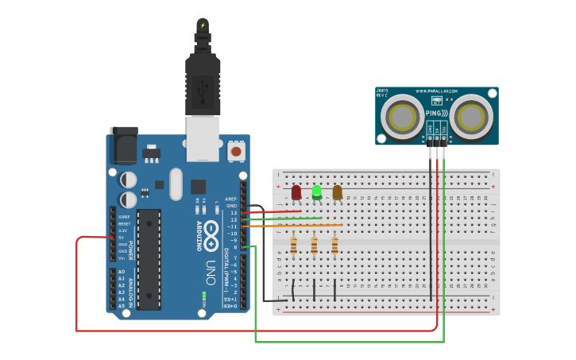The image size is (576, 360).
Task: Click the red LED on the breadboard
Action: (296, 192)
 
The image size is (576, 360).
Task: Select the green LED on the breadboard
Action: (317, 192)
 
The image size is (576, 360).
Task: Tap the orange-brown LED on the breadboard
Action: (338, 192)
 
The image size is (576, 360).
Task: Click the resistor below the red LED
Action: (294, 246)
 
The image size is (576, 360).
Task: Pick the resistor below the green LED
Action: (315, 246)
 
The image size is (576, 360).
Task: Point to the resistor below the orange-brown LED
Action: (335, 246)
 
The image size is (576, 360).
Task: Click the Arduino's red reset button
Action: (236, 150)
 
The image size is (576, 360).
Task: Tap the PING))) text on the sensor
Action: (437, 113)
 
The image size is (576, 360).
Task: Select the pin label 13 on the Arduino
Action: (233, 213)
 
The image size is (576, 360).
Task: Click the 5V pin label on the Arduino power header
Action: (121, 237)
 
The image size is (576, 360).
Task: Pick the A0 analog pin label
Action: (121, 272)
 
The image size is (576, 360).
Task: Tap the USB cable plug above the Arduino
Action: (203, 83)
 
